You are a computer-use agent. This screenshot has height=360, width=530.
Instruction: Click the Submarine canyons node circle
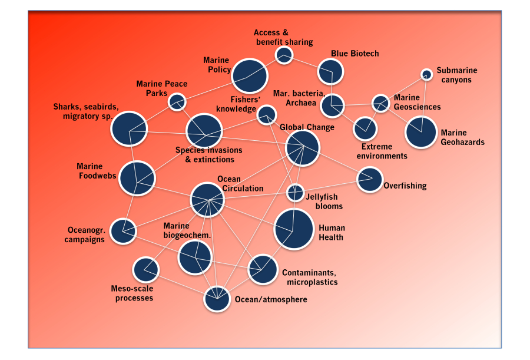point(426,74)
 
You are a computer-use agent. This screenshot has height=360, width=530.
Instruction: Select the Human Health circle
point(294,229)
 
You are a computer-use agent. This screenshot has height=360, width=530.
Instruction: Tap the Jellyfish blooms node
point(295,193)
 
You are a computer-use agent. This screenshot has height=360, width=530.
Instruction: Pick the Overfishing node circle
point(370,179)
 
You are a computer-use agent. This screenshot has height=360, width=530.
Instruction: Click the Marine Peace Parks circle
point(177,102)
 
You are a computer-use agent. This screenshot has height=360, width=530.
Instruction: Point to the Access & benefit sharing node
point(284,55)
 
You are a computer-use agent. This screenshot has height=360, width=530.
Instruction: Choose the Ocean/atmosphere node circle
point(217,299)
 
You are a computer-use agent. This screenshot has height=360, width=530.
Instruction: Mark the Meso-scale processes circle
point(145,270)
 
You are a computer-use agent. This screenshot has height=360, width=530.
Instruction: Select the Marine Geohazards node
point(421,133)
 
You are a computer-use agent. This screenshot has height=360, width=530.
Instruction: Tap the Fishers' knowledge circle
point(267,115)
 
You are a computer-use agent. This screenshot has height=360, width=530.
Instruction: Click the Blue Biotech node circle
point(330,72)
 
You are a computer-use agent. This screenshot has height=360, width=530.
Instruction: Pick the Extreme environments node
point(365,129)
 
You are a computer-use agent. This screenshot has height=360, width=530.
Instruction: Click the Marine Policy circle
point(250,76)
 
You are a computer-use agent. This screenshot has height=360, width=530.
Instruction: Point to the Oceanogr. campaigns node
point(123,232)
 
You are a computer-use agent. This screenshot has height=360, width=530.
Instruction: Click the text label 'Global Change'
point(307,127)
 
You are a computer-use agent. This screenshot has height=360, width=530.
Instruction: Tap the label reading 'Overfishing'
point(405,186)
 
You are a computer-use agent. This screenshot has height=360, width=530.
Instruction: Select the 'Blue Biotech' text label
point(355,54)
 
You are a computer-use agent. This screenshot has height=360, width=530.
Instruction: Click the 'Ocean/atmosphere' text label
point(271,299)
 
